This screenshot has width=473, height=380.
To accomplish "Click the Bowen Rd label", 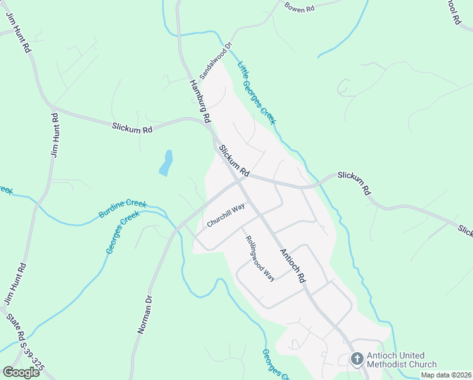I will point(300,8).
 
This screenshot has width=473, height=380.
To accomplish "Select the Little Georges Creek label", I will point(257,92).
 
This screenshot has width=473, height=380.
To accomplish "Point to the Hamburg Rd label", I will point(199,101).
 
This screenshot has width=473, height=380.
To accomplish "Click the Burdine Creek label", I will point(123,209).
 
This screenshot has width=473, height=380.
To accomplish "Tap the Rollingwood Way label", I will point(261,258).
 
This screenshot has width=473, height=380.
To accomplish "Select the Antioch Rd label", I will point(293,265).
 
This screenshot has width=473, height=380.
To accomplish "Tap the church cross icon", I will point(357,360).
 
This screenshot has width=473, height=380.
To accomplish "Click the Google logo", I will point(21,372).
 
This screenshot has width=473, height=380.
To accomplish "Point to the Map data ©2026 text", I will point(446,375).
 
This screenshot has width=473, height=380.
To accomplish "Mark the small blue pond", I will point(166,163).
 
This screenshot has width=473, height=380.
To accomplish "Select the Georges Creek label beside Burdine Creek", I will point(122,232).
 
